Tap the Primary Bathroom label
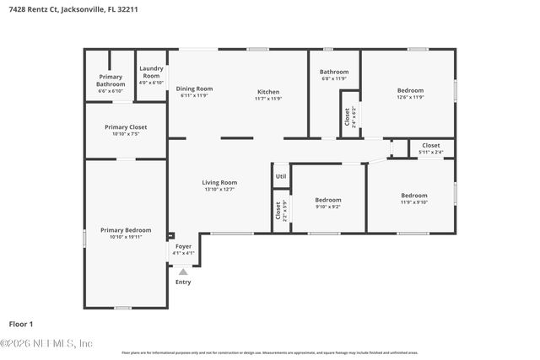pyautogui.click(x=111, y=80)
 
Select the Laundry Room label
pyautogui.click(x=151, y=72)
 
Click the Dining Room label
pyautogui.click(x=193, y=89)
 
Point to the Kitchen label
pyautogui.click(x=268, y=92)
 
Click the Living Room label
pyautogui.click(x=219, y=182)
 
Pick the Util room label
pyautogui.click(x=281, y=176)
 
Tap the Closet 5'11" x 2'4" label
pyautogui.click(x=431, y=148)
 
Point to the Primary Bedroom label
pyautogui.click(x=126, y=230)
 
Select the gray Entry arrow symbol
pyautogui.click(x=183, y=271)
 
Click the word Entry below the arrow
pyautogui.click(x=183, y=282)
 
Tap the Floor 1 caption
pyautogui.click(x=21, y=324)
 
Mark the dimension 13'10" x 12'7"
pyautogui.click(x=219, y=190)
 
